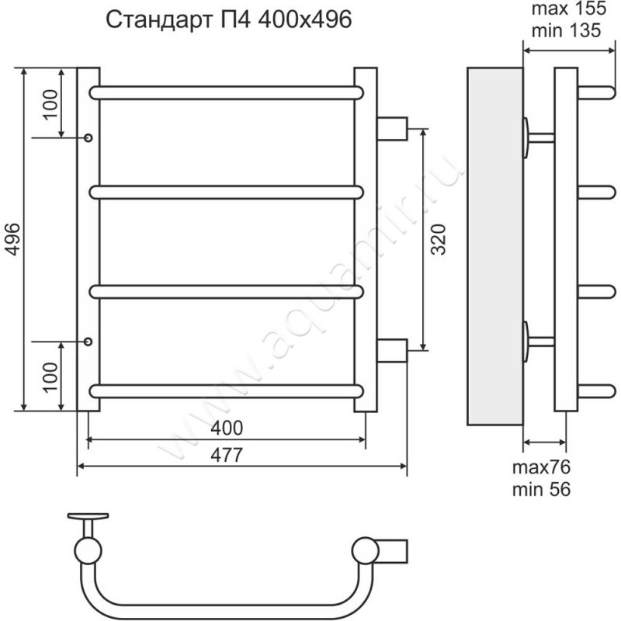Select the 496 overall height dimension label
[12, 239]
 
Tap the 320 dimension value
[439, 239]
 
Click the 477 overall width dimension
[226, 455]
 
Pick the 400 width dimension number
[227, 428]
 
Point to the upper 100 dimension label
[50, 105]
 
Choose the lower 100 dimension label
[50, 377]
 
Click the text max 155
[569, 9]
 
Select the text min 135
[566, 30]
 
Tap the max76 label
[541, 467]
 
